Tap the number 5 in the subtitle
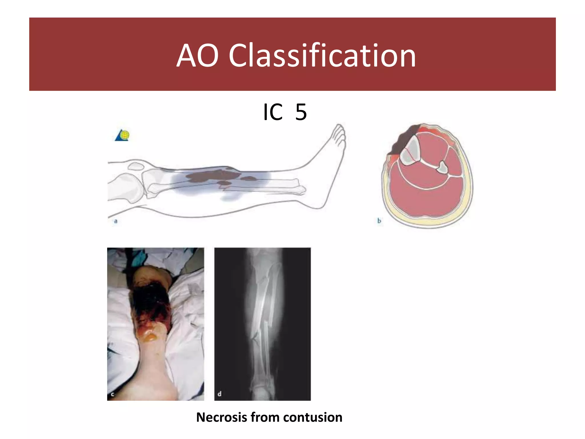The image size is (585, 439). click(x=301, y=112)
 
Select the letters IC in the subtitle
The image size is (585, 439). click(x=273, y=112)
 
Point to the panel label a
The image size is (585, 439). click(x=116, y=221)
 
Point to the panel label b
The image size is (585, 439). click(x=379, y=221)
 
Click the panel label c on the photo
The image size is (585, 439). click(x=112, y=394)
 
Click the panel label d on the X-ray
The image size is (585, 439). click(x=219, y=394)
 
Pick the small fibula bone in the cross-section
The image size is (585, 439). click(x=442, y=167)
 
